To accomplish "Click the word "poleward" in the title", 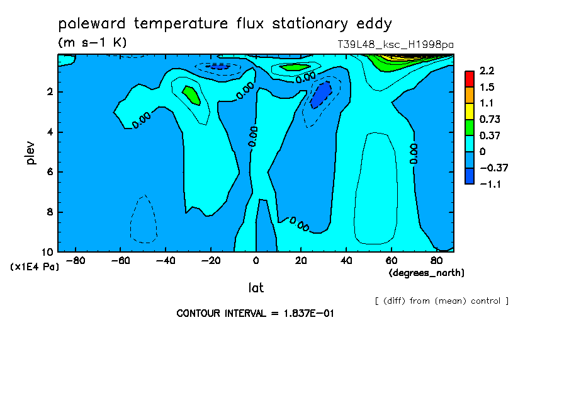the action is click(x=92, y=23).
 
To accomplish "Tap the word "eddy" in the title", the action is click(x=374, y=24).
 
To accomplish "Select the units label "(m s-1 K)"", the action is click(x=93, y=42).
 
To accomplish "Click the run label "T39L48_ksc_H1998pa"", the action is click(x=395, y=45).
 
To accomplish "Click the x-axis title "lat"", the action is click(x=256, y=288).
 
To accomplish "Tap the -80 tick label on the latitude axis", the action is click(x=76, y=261).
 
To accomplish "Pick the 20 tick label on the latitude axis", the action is click(x=301, y=261).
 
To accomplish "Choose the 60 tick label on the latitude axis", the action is click(x=392, y=261).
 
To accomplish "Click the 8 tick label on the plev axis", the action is click(x=50, y=212).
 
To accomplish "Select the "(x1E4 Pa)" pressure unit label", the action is click(x=35, y=267).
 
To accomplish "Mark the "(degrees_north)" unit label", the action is click(x=426, y=273).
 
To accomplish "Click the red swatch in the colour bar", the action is click(x=470, y=79).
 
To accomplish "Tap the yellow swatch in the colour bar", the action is click(x=470, y=111).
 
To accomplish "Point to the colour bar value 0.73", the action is click(x=490, y=119).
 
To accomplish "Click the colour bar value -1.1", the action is click(x=490, y=184).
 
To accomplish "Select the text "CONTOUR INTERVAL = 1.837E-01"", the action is click(x=255, y=313).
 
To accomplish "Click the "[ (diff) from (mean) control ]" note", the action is click(x=442, y=301).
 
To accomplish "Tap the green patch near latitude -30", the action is click(x=191, y=96).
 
